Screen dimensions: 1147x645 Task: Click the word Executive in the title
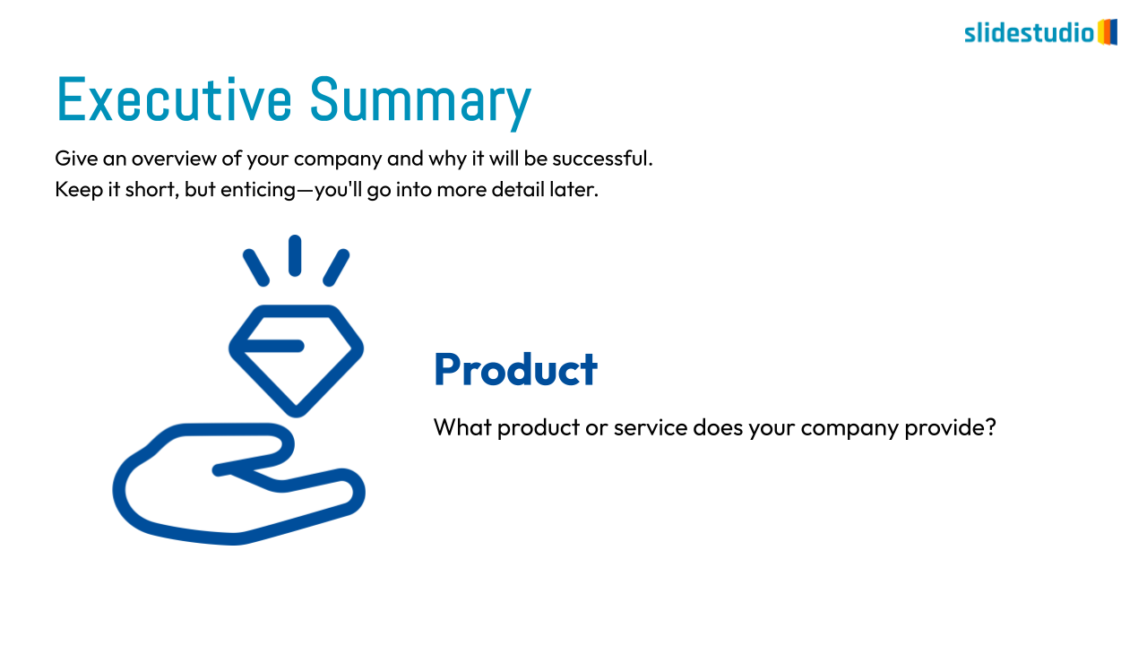[x=174, y=99]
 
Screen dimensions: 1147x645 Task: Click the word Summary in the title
[x=421, y=102]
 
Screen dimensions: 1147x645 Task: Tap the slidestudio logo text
[x=1030, y=33]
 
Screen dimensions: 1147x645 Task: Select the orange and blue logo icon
[x=1107, y=32]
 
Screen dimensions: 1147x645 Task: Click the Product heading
[x=515, y=369]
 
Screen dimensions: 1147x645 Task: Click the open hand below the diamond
[x=238, y=485]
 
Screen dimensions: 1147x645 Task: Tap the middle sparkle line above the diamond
[x=295, y=255]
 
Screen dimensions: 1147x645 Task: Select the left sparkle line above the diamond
[x=256, y=267]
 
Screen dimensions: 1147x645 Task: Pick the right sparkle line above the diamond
[x=336, y=267]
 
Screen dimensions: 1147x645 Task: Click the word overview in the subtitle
[x=173, y=159]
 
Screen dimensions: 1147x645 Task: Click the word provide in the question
[x=950, y=428]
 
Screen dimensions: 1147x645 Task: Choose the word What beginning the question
[x=463, y=427]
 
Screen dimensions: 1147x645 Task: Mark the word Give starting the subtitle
[x=76, y=159]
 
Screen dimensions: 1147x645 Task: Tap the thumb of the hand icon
[x=256, y=450]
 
